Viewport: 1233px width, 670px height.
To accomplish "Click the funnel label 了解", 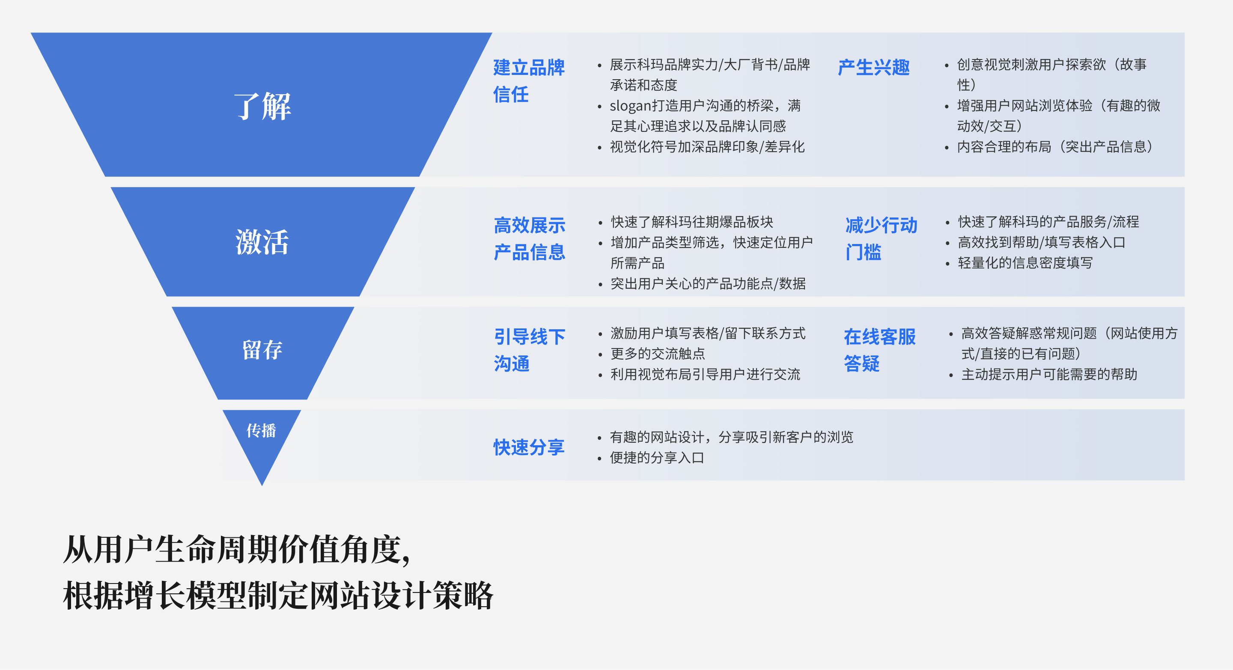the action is click(x=262, y=106).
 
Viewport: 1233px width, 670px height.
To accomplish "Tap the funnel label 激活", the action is click(x=262, y=242).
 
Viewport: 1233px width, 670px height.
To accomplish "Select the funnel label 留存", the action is click(x=262, y=350).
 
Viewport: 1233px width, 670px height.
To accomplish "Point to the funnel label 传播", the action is click(x=261, y=430).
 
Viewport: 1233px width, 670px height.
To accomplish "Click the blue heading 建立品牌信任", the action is click(x=529, y=81).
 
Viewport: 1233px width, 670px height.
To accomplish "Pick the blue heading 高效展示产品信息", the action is click(x=530, y=238).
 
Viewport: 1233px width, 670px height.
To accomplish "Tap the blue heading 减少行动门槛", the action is click(x=881, y=238).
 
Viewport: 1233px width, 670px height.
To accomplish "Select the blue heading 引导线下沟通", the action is click(x=530, y=350).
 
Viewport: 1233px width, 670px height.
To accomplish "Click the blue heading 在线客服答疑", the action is click(x=880, y=350).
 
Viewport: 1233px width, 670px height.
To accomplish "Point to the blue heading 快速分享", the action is click(x=529, y=447).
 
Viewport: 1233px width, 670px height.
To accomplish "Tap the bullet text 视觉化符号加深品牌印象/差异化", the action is click(x=707, y=147).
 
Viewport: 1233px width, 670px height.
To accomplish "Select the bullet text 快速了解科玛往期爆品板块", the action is click(x=692, y=222).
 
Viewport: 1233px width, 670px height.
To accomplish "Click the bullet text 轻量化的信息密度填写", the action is click(x=1025, y=263).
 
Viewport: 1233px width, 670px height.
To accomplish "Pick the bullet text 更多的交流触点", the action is click(x=658, y=354).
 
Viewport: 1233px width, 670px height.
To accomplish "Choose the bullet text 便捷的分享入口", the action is click(x=657, y=458).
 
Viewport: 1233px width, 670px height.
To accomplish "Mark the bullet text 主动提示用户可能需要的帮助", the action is click(x=1049, y=374).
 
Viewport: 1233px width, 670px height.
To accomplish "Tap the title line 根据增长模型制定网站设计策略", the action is click(x=278, y=596).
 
